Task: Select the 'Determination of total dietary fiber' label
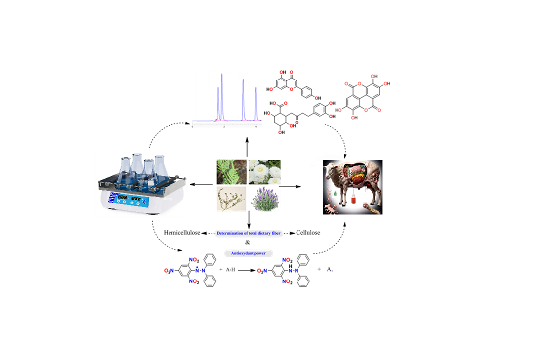249,232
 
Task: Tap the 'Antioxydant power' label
249,253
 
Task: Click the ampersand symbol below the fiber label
248,242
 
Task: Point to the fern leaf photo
231,171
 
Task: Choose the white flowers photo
265,171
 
